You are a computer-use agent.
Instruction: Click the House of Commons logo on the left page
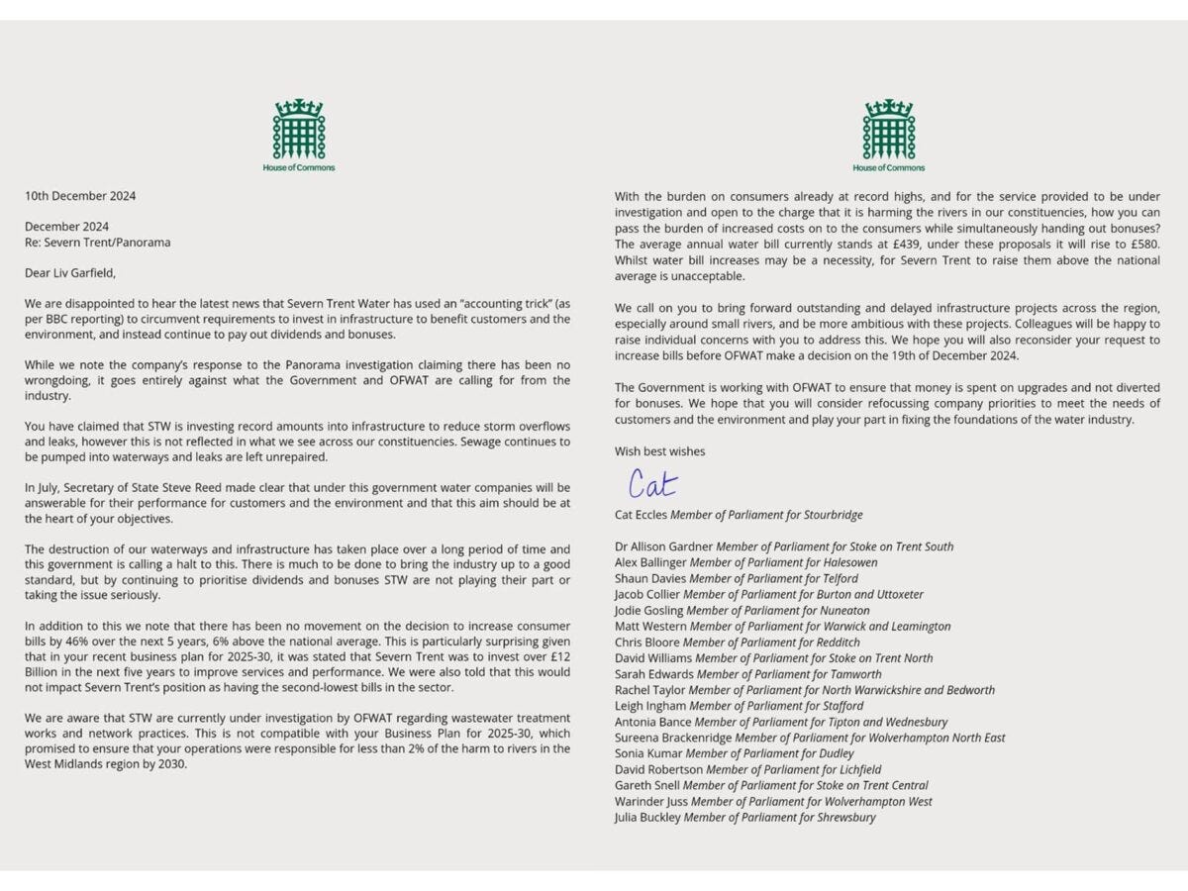click(298, 135)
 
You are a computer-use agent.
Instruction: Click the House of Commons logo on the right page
click(887, 135)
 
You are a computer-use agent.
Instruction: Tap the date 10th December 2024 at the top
click(81, 196)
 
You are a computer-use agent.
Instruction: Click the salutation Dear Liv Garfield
click(77, 273)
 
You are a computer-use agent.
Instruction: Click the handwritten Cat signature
click(653, 483)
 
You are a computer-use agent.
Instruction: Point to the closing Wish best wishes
click(660, 451)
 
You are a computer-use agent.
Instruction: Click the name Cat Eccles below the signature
click(641, 515)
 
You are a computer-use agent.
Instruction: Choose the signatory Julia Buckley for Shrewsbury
click(744, 818)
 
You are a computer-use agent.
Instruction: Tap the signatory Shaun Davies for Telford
click(736, 578)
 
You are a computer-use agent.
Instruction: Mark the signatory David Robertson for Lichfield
click(747, 769)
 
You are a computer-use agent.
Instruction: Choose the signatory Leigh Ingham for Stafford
click(739, 706)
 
